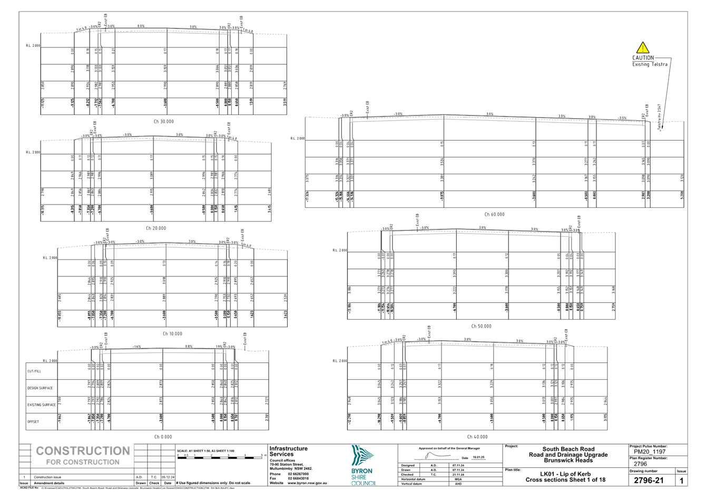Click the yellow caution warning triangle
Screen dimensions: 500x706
(642, 47)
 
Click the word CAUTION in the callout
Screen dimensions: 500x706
(643, 57)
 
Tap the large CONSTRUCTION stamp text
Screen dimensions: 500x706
(83, 451)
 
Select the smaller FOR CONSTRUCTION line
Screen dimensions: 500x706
(83, 462)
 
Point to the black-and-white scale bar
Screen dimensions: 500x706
(221, 457)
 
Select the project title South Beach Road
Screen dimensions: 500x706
(568, 449)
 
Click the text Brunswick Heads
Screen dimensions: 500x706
(568, 460)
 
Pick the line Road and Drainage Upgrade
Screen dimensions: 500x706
(568, 455)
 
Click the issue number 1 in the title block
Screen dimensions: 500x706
(681, 480)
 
